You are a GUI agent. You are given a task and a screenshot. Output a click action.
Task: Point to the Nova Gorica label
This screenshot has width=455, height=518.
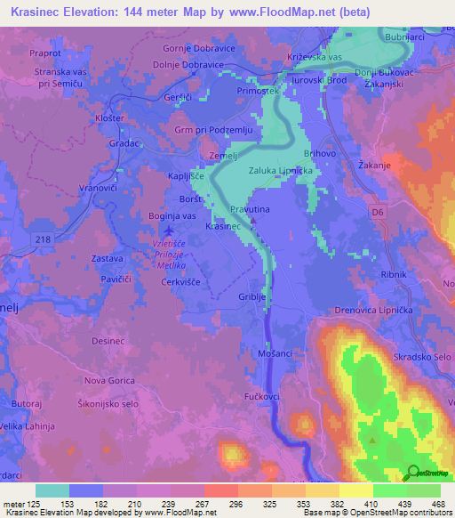pyautogui.click(x=108, y=380)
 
